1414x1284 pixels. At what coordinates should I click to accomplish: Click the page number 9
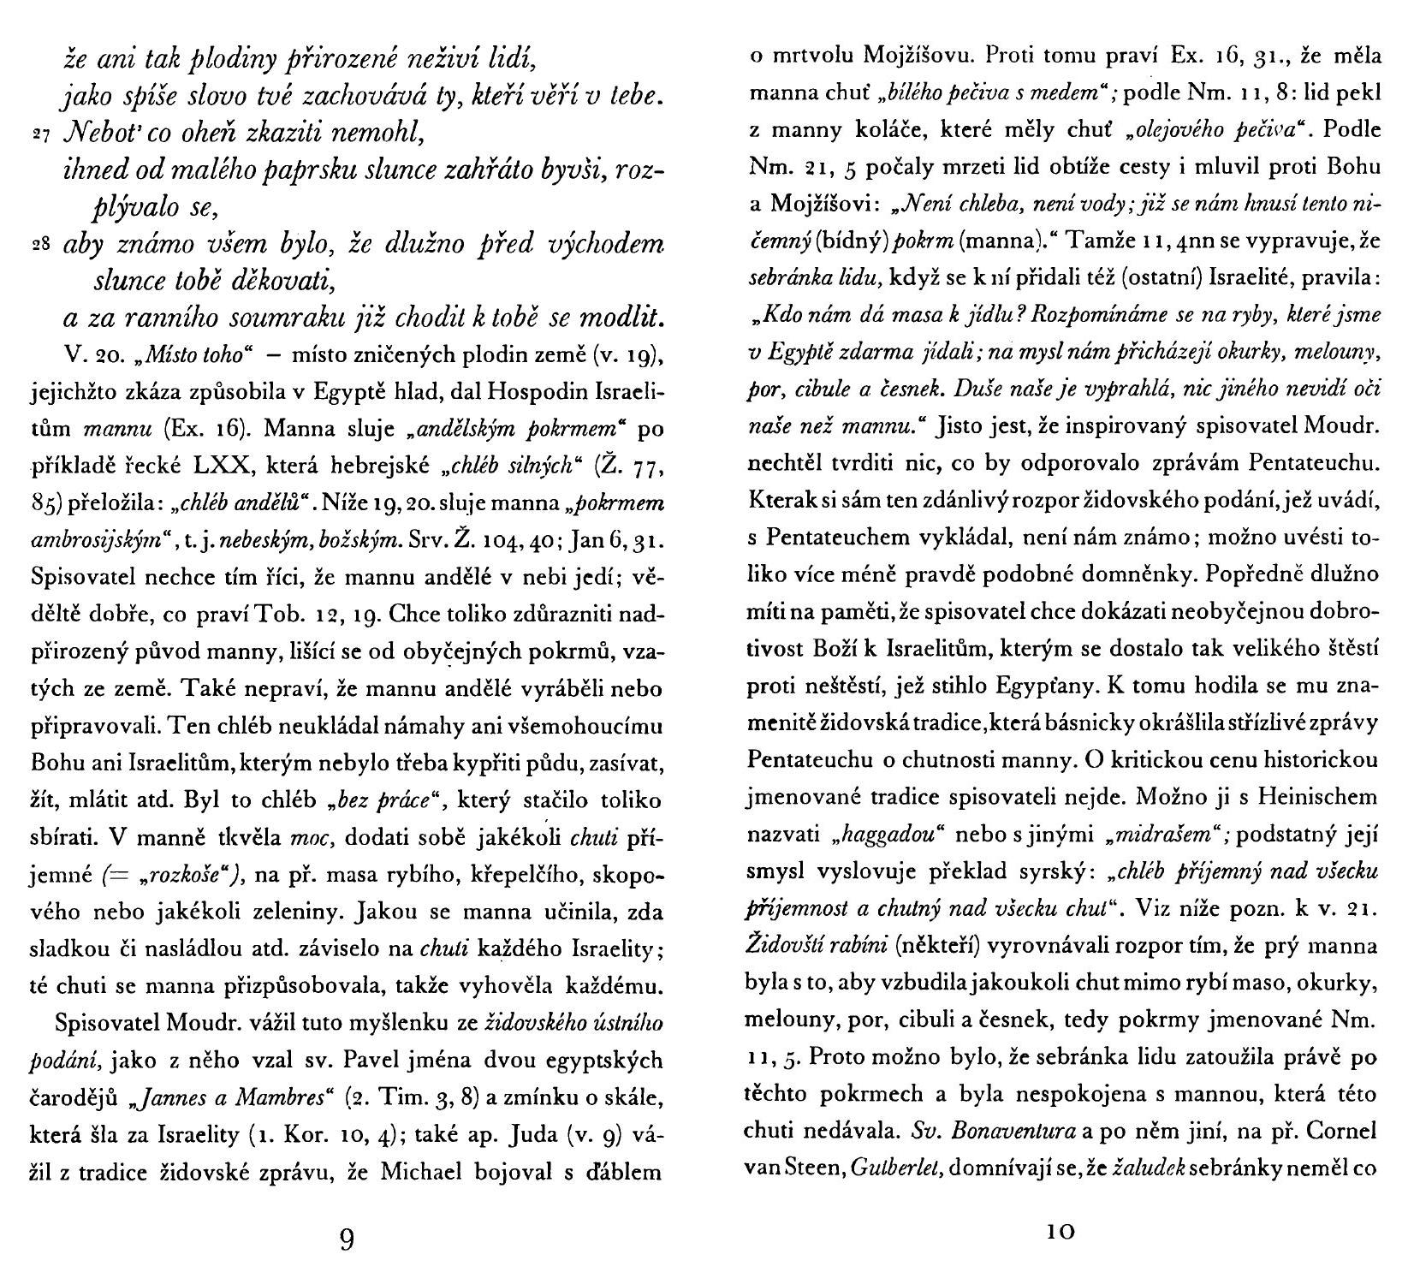[x=347, y=1239]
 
